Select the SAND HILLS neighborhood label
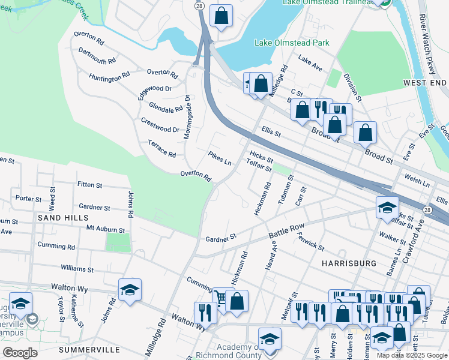pos(62,218)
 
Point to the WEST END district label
pos(424,82)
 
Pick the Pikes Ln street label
pos(220,158)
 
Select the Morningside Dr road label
pos(187,117)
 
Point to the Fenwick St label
pos(311,242)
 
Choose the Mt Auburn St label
pos(106,229)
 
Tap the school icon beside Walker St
pos(387,208)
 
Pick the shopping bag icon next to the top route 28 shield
pos(221,16)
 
